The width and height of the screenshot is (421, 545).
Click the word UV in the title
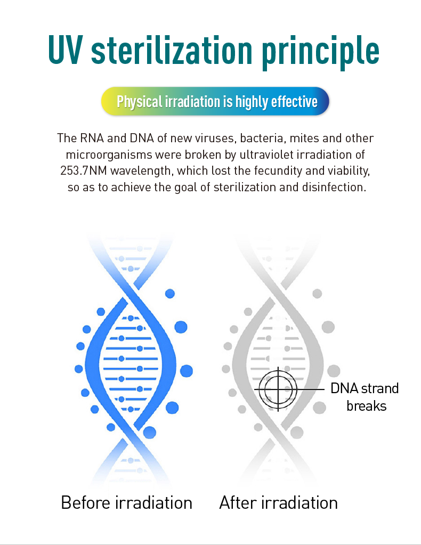[x=66, y=50]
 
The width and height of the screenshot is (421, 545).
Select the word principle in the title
[x=320, y=52]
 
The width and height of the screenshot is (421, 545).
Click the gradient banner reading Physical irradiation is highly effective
[x=215, y=101]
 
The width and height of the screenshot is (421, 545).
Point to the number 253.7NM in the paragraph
[x=84, y=170]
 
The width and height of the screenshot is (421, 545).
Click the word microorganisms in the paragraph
[x=109, y=154]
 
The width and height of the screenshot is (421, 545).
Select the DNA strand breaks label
[x=365, y=397]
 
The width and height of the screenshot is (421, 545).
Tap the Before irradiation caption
[x=126, y=502]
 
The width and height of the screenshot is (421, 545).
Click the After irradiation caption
[x=279, y=502]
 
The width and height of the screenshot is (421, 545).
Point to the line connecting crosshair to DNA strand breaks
[x=311, y=389]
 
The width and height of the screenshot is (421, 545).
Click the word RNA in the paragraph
[x=92, y=139]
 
